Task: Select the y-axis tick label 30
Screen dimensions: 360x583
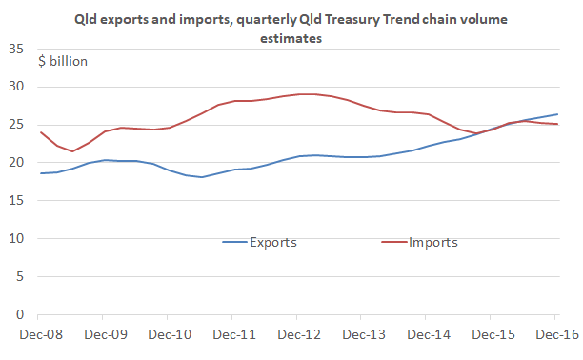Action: point(17,87)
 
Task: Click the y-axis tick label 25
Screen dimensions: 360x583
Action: point(17,125)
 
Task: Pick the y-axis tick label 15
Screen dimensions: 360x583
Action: point(17,200)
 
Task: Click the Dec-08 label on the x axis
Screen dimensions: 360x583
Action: point(39,334)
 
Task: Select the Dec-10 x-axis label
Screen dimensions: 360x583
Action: point(168,334)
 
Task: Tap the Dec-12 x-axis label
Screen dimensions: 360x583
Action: point(297,334)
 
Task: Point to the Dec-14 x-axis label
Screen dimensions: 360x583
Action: point(427,334)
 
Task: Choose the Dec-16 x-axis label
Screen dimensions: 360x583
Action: point(555,334)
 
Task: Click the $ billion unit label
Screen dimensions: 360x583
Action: point(64,61)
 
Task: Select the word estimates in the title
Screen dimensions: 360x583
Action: point(291,38)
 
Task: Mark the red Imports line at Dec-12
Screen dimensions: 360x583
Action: point(297,94)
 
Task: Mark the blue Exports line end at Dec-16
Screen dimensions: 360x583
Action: point(556,114)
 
